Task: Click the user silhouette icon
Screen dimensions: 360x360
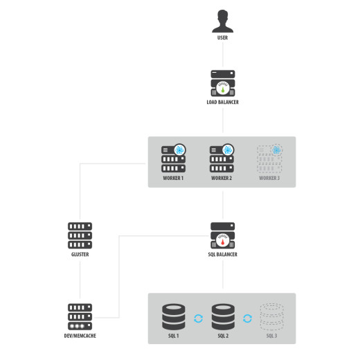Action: (x=223, y=21)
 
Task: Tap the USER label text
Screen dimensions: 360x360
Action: (x=222, y=37)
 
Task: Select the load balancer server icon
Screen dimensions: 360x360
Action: (x=223, y=83)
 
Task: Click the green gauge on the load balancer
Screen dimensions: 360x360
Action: (x=223, y=89)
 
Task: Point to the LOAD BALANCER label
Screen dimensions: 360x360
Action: (x=222, y=102)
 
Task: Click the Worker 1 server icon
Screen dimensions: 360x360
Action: (x=174, y=159)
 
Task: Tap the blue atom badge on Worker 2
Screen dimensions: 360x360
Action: (x=228, y=150)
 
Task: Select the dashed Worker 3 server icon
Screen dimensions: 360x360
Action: (x=270, y=159)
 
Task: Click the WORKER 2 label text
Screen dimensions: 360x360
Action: (x=222, y=178)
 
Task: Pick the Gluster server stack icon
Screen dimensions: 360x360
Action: (x=80, y=235)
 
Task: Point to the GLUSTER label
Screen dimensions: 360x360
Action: (x=80, y=254)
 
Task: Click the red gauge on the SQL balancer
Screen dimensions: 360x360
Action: (x=223, y=240)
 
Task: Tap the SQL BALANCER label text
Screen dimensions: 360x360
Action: (x=222, y=254)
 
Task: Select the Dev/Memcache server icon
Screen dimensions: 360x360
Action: (x=80, y=317)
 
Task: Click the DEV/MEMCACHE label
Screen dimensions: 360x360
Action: (x=80, y=336)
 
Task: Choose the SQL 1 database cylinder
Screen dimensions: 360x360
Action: (x=174, y=317)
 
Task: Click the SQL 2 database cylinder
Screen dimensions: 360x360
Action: (x=223, y=317)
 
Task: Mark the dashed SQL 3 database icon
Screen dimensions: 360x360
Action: (x=272, y=317)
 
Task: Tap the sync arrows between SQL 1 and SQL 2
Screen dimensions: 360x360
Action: (x=198, y=318)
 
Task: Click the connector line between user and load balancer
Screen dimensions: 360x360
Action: (x=223, y=55)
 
